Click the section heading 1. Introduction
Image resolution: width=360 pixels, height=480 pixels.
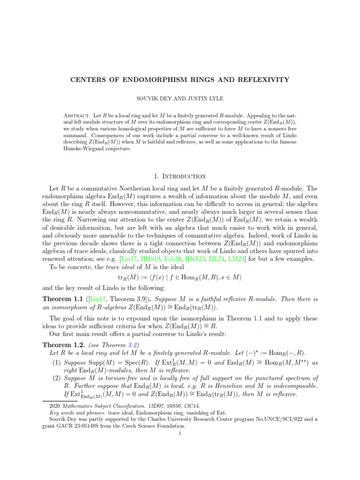180,176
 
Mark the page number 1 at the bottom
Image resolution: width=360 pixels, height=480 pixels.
180,434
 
